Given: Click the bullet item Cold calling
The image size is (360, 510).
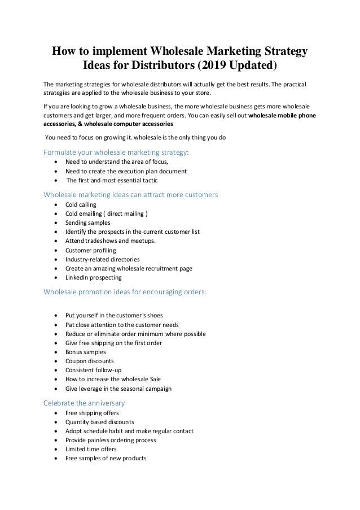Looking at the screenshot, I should [81, 204].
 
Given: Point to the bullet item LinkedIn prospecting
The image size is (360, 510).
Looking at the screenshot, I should [93, 277].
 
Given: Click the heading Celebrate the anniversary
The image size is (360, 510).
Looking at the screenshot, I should [84, 403].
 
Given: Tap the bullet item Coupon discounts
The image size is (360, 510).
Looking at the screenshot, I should [90, 361].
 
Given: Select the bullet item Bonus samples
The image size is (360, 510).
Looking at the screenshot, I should [86, 352].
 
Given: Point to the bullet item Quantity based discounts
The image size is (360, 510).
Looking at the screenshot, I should [100, 422].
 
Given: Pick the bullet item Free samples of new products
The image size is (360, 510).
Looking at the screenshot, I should [106, 458].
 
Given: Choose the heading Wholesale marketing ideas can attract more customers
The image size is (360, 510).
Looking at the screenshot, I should [130, 195].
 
